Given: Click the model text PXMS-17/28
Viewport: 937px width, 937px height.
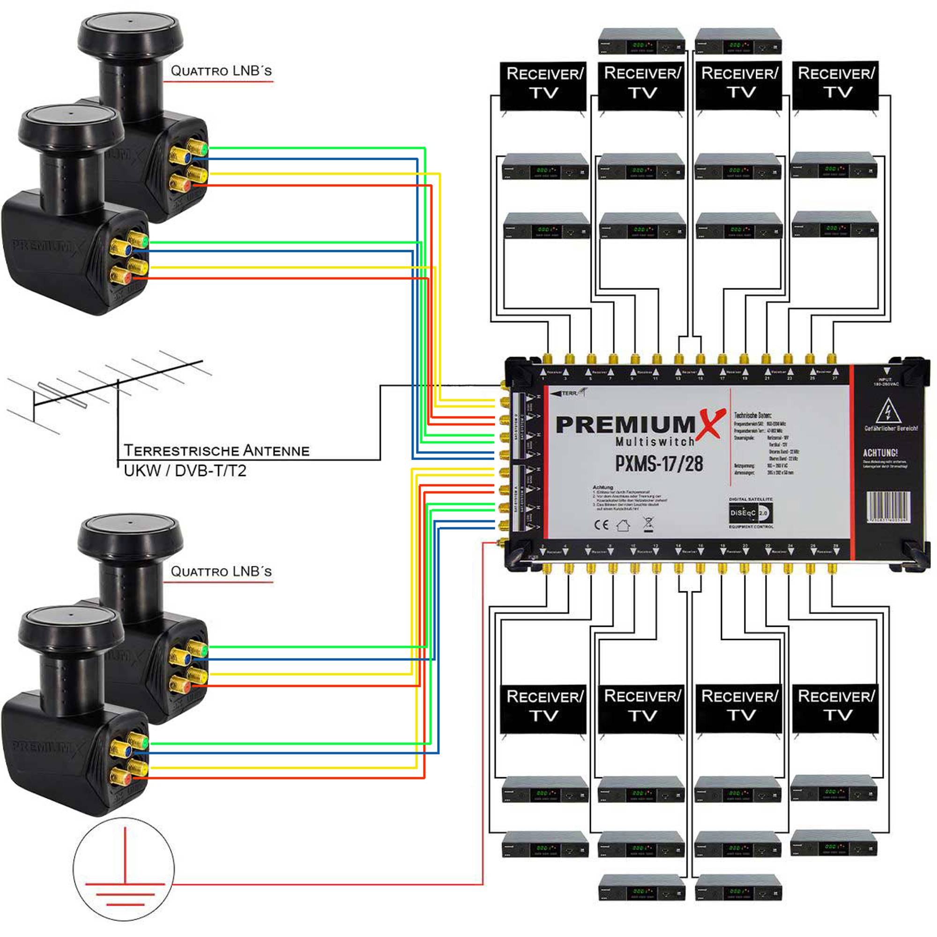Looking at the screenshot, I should pyautogui.click(x=659, y=464).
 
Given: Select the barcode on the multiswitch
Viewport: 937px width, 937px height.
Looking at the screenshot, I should pyautogui.click(x=888, y=507).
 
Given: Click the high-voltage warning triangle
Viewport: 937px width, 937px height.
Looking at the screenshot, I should pyautogui.click(x=888, y=411).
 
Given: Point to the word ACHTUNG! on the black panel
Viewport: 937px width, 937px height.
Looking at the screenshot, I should pyautogui.click(x=880, y=453).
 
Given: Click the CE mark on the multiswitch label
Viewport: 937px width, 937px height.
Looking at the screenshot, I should pyautogui.click(x=601, y=525).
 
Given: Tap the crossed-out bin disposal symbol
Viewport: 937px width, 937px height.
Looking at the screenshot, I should pyautogui.click(x=648, y=524).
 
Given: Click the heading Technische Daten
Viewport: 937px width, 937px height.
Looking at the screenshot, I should pyautogui.click(x=752, y=415).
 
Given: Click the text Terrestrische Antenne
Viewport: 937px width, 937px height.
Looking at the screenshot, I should pyautogui.click(x=216, y=451).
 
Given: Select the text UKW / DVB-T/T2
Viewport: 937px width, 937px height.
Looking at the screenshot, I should pyautogui.click(x=185, y=471).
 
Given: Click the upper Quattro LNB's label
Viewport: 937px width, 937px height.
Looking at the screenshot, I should pyautogui.click(x=221, y=71).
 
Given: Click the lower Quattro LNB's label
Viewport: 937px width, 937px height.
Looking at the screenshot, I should pyautogui.click(x=221, y=571).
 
